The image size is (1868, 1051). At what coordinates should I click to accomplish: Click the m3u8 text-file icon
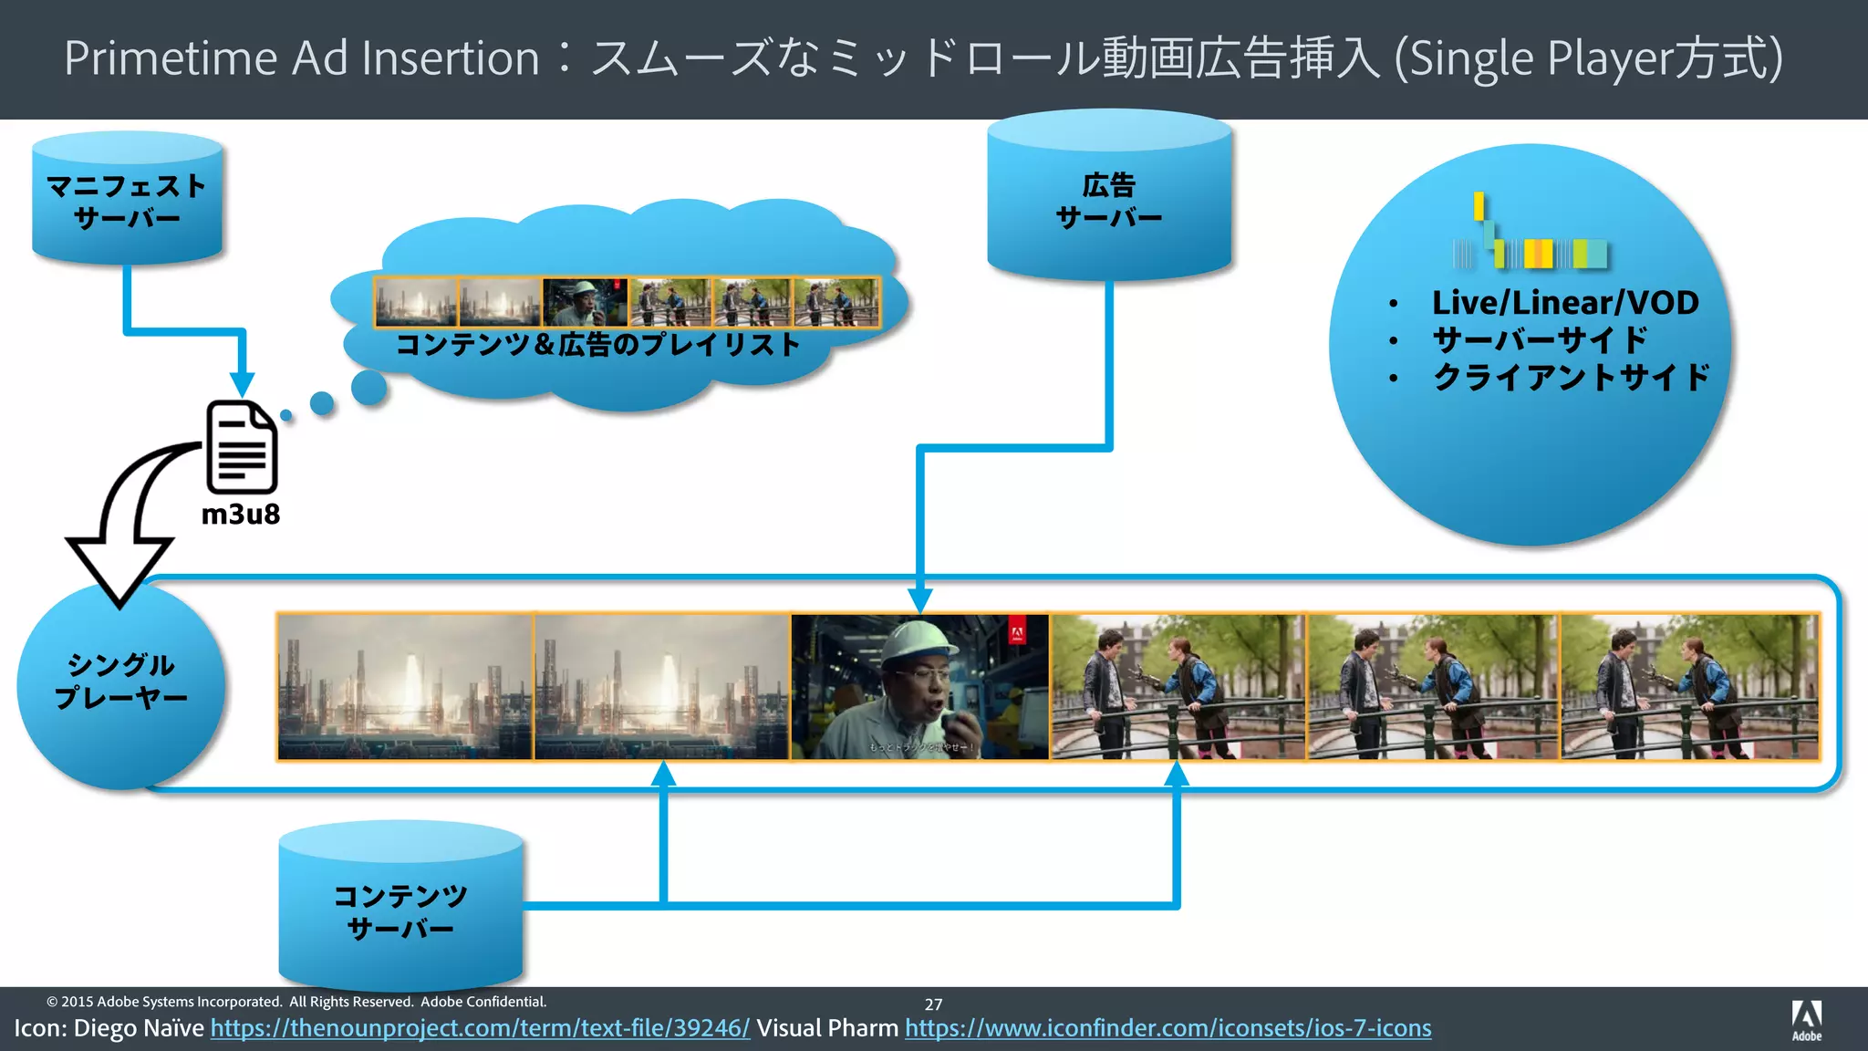242,447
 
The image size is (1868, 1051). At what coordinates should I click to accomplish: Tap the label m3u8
241,515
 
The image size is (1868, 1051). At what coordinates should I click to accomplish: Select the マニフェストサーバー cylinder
127,201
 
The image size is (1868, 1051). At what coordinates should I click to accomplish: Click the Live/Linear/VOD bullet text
1565,303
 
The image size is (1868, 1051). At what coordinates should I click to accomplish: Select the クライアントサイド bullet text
1571,377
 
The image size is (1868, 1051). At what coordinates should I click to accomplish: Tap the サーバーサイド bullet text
1540,340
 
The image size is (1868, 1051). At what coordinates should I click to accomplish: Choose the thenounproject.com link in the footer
480,1028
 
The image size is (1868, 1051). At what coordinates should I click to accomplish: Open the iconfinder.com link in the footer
1167,1028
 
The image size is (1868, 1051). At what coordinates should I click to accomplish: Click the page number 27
933,1004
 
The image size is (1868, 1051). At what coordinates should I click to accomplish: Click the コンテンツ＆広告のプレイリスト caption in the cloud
598,345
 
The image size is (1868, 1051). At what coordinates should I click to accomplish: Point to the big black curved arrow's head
119,570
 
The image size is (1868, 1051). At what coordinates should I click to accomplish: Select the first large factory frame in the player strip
405,686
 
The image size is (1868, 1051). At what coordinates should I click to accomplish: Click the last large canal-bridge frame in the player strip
1689,686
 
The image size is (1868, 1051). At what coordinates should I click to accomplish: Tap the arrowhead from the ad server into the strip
920,600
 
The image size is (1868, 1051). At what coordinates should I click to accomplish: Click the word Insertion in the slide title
451,58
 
